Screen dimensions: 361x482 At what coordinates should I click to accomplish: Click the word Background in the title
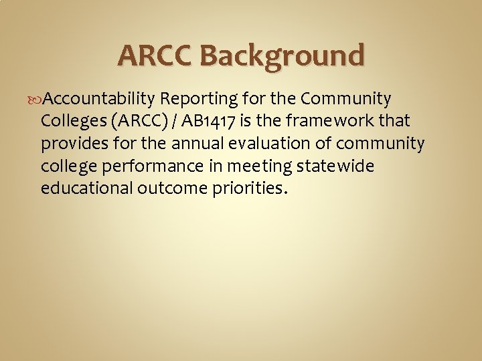(x=282, y=55)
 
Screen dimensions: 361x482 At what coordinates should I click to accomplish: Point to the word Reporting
(x=198, y=100)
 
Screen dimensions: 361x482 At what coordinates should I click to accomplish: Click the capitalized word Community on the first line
(x=345, y=100)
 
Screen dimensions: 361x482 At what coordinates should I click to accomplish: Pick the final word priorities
(x=244, y=188)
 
